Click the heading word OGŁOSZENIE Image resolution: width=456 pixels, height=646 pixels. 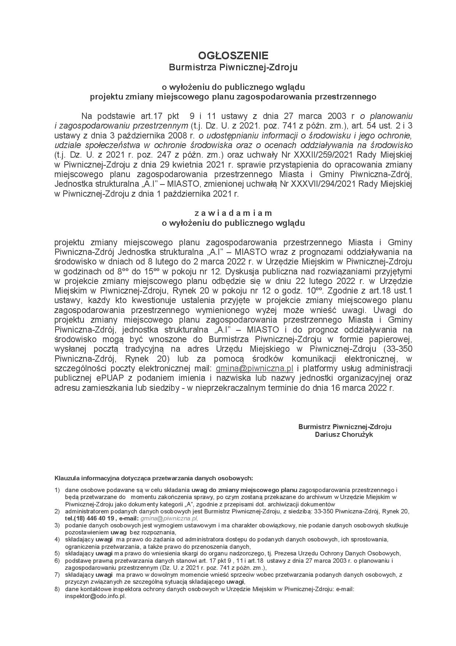[233, 56]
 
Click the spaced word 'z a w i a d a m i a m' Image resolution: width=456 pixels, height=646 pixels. [233, 213]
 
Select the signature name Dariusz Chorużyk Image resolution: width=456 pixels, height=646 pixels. [345, 435]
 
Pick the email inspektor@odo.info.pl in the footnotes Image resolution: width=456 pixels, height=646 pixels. [95, 596]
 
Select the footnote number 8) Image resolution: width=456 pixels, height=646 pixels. [57, 589]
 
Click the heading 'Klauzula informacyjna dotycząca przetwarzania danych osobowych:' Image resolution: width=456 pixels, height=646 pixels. [154, 478]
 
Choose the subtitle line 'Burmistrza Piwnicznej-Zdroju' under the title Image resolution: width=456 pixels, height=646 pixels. [233, 67]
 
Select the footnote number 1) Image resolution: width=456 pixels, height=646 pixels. [57, 490]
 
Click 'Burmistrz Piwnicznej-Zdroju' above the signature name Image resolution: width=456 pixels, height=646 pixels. [345, 426]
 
